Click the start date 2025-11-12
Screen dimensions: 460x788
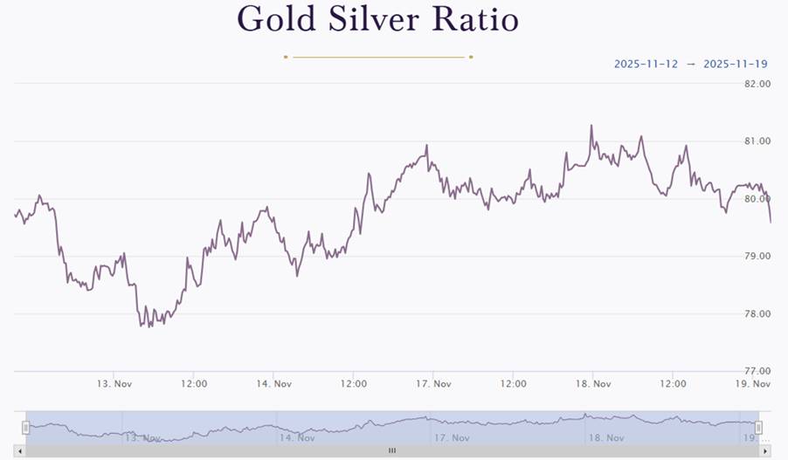click(x=646, y=64)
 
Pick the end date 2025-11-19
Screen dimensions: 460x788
click(x=735, y=64)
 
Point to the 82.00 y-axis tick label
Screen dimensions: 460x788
click(x=757, y=84)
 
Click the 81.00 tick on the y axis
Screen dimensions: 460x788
click(x=757, y=141)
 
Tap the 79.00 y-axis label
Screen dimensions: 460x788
click(x=757, y=257)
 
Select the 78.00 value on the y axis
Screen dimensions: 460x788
click(x=757, y=314)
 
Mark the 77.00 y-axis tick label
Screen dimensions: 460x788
click(x=757, y=371)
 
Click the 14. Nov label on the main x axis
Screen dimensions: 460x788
click(x=273, y=384)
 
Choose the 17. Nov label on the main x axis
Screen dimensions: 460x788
click(x=433, y=384)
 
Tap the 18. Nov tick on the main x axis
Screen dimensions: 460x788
click(x=593, y=384)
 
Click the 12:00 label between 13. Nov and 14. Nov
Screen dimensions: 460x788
click(x=194, y=384)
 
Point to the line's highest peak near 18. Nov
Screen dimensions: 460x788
click(x=591, y=126)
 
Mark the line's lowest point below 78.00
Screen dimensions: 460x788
click(x=140, y=326)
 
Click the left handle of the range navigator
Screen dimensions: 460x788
click(x=26, y=427)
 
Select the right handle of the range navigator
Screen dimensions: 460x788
click(x=758, y=427)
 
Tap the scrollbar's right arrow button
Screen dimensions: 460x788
click(x=766, y=450)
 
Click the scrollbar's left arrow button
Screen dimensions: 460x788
click(x=20, y=450)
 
